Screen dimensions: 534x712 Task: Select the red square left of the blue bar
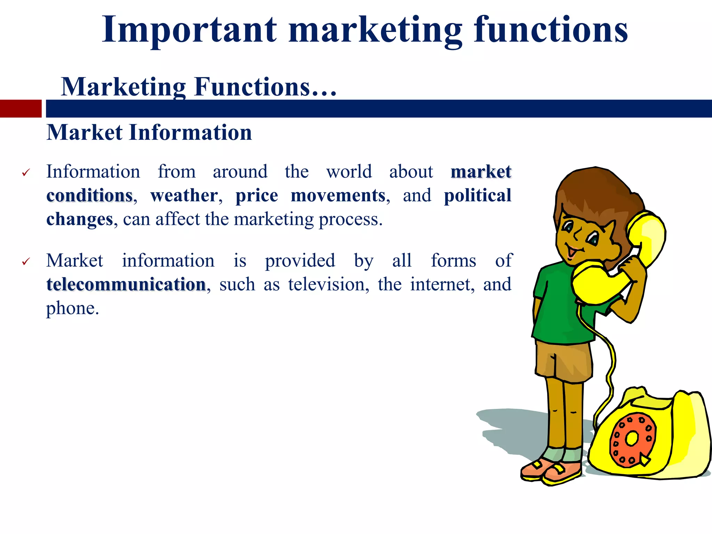[x=21, y=108]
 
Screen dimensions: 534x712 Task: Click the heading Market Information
[x=149, y=133]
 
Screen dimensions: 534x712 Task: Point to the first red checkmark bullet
[x=26, y=172]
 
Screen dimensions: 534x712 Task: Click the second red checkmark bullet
[x=26, y=261]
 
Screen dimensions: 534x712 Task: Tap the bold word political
[x=478, y=195]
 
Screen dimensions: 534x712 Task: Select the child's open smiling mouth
[x=571, y=251]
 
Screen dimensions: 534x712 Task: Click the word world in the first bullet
[x=349, y=172]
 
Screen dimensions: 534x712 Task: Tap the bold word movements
[x=338, y=195]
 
